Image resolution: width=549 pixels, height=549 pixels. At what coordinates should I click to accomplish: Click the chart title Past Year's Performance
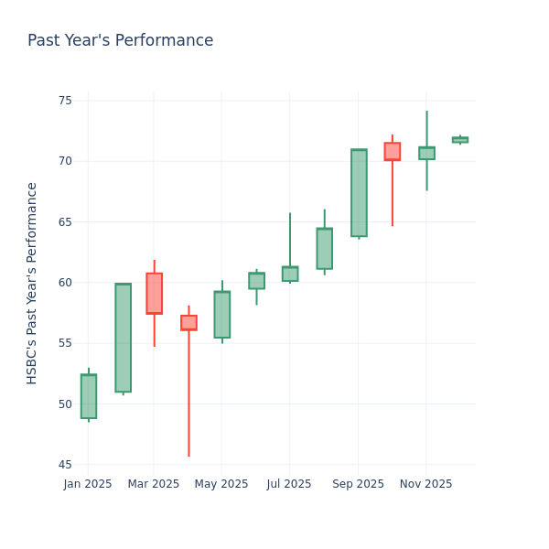coord(120,41)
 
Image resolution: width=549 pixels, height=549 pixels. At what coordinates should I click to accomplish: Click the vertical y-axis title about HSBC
coord(32,283)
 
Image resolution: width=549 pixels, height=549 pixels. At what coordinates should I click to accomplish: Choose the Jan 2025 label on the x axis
coord(88,484)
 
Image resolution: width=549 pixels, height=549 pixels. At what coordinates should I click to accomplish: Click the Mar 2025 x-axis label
coord(154,484)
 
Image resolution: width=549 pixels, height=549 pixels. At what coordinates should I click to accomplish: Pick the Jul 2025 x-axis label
coord(289,484)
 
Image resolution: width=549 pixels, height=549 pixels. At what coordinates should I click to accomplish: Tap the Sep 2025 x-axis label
coord(358,484)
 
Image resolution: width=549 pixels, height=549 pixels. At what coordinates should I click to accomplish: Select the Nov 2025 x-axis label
coord(425,484)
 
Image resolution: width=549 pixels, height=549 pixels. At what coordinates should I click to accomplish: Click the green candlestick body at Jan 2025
coord(89,396)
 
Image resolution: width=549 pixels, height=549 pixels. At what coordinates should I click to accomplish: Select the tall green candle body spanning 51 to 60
coord(123,338)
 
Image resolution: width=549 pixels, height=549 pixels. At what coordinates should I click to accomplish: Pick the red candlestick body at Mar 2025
coord(154,293)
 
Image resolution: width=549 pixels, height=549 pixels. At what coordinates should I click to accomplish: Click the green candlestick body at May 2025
coord(221,315)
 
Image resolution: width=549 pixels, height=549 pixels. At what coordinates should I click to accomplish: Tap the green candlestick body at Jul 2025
coord(289,274)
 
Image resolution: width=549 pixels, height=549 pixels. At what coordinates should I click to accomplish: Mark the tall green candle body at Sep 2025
coord(359,193)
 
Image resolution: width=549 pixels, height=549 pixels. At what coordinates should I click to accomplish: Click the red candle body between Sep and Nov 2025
coord(392,151)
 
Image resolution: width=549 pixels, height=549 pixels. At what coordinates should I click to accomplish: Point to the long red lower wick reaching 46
coord(188,393)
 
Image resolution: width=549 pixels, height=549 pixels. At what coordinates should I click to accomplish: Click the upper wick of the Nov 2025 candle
coord(426,129)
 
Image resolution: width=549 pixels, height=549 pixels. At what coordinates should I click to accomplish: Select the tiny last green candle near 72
coord(459,140)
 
